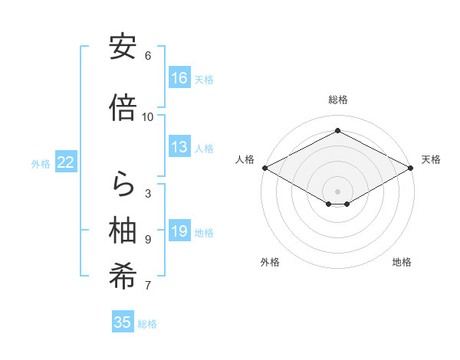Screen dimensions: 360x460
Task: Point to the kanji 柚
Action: [x=123, y=231]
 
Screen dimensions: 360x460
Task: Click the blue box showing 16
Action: [x=179, y=78]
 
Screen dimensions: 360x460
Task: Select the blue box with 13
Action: [x=179, y=148]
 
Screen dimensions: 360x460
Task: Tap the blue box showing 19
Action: [x=179, y=231]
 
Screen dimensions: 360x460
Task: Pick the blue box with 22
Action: [x=67, y=162]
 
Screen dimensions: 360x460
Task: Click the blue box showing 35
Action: [x=123, y=322]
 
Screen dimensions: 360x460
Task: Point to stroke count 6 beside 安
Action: [x=148, y=56]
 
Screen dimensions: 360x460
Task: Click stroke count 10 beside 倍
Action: [x=148, y=117]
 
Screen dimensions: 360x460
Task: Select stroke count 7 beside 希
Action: [x=148, y=286]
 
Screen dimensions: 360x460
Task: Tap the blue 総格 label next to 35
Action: [x=147, y=324]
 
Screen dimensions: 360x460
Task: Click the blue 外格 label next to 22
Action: [x=41, y=163]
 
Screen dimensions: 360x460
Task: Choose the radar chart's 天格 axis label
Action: [x=431, y=159]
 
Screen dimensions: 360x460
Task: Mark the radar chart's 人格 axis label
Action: [x=245, y=159]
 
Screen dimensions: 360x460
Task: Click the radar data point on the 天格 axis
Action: [x=411, y=168]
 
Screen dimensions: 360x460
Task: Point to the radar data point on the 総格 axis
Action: [x=337, y=131]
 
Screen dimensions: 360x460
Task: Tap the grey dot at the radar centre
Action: [x=337, y=190]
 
